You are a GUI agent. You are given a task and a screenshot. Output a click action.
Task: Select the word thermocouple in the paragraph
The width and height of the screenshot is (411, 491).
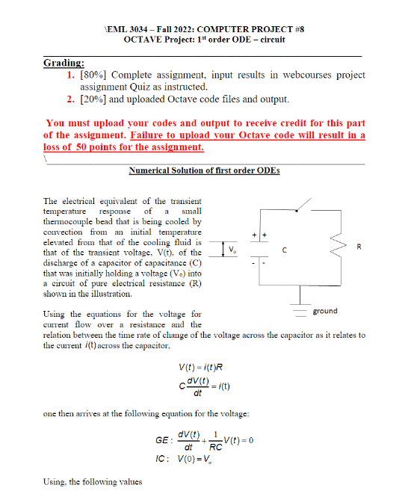pyautogui.click(x=75, y=221)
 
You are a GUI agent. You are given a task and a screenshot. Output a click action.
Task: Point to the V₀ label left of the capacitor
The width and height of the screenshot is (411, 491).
pyautogui.click(x=232, y=248)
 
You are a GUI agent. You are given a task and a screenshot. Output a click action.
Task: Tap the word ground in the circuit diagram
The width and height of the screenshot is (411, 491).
pyautogui.click(x=324, y=310)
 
